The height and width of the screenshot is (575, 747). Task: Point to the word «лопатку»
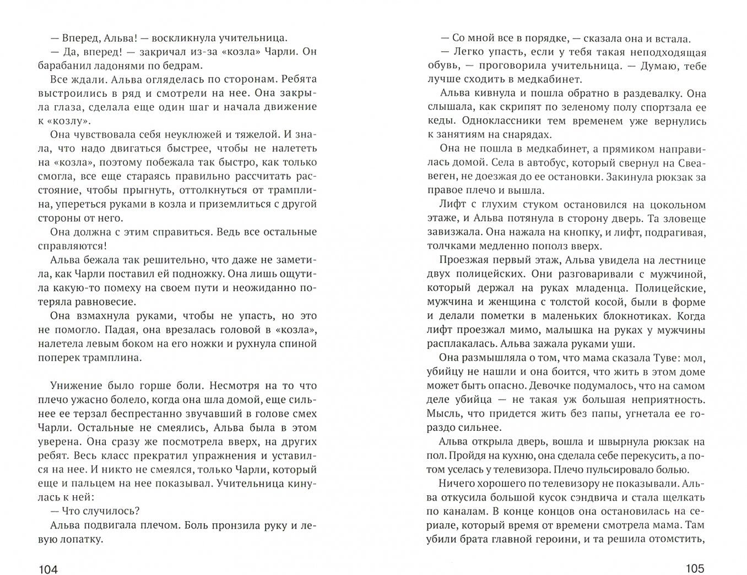click(x=82, y=539)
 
